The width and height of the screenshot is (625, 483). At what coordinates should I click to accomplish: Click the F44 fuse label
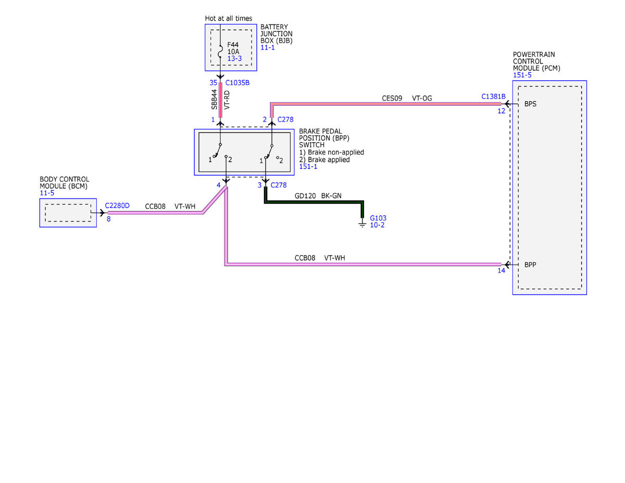[x=233, y=45]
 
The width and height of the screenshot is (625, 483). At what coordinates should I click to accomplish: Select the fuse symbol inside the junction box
[x=220, y=51]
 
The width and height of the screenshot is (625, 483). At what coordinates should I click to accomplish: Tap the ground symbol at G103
[x=362, y=225]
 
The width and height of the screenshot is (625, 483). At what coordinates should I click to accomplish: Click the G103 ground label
[x=378, y=218]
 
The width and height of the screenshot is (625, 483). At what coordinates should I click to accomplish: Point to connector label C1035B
[x=238, y=83]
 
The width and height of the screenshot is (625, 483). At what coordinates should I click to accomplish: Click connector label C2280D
[x=117, y=206]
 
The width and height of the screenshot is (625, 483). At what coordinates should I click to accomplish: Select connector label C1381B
[x=493, y=97]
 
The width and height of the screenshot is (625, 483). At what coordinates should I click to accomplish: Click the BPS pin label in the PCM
[x=530, y=104]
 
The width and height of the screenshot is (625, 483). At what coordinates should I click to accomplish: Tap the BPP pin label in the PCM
[x=530, y=265]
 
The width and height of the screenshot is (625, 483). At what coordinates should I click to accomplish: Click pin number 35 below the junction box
[x=213, y=83]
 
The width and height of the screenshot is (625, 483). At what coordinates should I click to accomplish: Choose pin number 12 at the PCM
[x=502, y=111]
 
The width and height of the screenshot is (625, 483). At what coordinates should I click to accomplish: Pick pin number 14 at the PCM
[x=502, y=270]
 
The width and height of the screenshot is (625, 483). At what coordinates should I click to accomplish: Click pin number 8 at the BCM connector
[x=109, y=219]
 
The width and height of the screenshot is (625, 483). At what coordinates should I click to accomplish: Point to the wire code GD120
[x=305, y=196]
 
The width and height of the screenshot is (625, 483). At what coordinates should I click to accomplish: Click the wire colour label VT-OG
[x=422, y=98]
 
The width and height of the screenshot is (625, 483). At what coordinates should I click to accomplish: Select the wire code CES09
[x=392, y=98]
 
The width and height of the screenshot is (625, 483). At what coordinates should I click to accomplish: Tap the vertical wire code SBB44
[x=214, y=100]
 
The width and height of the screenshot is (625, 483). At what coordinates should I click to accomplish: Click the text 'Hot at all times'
[x=228, y=18]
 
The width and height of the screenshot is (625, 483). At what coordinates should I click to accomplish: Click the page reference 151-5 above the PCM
[x=522, y=75]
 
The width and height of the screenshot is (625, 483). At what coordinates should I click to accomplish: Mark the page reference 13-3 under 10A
[x=234, y=58]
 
